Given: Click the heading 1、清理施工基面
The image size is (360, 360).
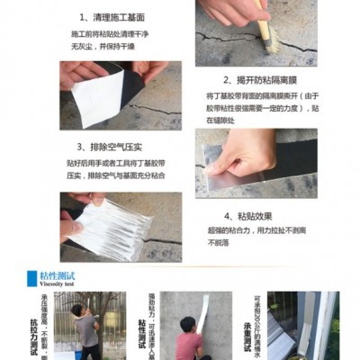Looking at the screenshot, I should coord(112,17).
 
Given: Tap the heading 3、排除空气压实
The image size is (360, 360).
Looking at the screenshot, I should coord(112,146).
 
